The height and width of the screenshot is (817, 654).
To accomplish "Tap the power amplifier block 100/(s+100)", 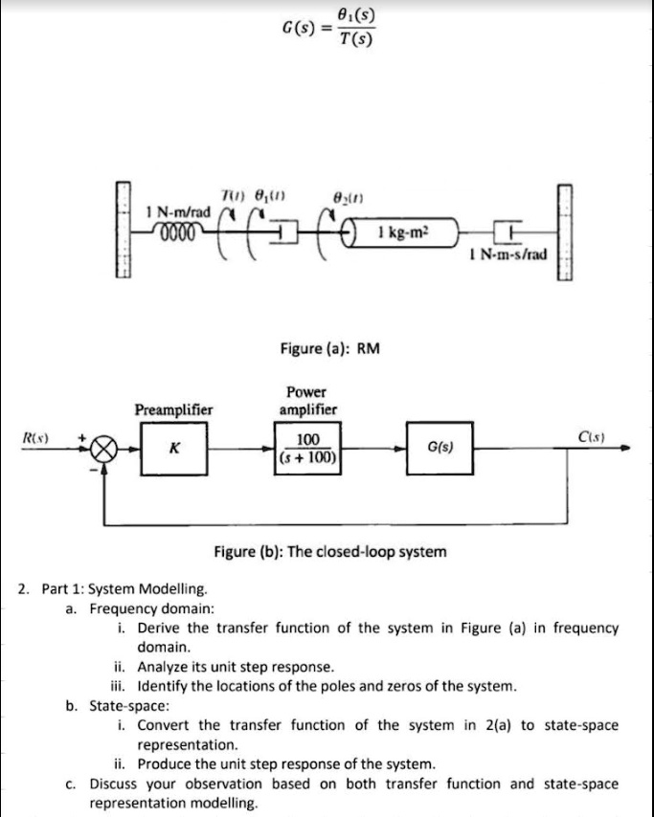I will tap(306, 448).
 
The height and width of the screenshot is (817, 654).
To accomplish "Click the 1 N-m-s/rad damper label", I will tap(508, 254).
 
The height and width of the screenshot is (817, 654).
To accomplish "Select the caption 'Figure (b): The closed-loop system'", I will tap(328, 552).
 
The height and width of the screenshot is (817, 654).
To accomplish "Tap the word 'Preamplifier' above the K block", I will tap(172, 409).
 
